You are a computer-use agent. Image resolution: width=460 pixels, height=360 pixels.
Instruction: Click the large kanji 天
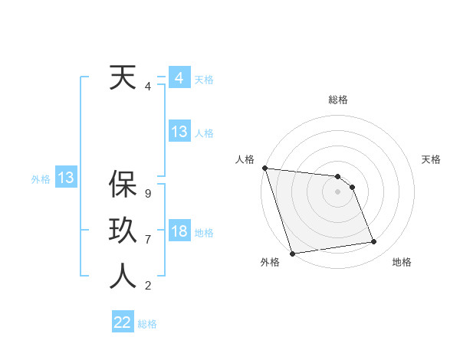(x=123, y=79)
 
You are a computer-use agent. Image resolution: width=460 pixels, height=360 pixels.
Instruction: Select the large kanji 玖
(x=123, y=231)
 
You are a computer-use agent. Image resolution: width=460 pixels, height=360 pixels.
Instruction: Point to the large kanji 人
(x=123, y=276)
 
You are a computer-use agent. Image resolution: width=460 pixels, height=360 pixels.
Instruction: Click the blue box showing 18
(x=179, y=231)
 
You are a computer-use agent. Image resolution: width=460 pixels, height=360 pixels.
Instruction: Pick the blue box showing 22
(x=123, y=322)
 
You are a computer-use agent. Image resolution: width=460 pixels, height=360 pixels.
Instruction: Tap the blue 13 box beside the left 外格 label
(x=66, y=178)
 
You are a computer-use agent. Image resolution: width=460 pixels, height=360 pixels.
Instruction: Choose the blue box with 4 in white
(x=179, y=78)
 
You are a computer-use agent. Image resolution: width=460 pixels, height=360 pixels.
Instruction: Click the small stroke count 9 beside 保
(x=147, y=194)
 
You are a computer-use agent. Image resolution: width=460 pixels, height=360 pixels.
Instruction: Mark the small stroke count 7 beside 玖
(x=147, y=240)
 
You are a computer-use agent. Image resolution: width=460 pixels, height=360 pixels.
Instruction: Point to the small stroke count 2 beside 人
(x=147, y=286)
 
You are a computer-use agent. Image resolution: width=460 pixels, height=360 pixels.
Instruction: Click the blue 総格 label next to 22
(x=147, y=324)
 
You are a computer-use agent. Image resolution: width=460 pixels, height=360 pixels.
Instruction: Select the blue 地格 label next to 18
(x=205, y=233)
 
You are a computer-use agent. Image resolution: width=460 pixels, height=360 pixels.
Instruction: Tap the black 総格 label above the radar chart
(x=338, y=100)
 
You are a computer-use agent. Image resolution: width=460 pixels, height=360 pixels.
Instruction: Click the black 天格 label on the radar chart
(x=432, y=159)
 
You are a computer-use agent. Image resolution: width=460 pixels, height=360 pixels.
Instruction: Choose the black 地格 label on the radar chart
(x=402, y=262)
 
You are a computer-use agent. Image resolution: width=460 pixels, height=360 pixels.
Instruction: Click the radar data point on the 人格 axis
(x=264, y=168)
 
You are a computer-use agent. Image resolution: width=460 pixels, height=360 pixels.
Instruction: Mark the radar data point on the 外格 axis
(x=292, y=254)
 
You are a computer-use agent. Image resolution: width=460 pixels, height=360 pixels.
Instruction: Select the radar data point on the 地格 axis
(x=374, y=242)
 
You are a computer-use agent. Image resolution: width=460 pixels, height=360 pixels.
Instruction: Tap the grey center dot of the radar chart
(x=337, y=191)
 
